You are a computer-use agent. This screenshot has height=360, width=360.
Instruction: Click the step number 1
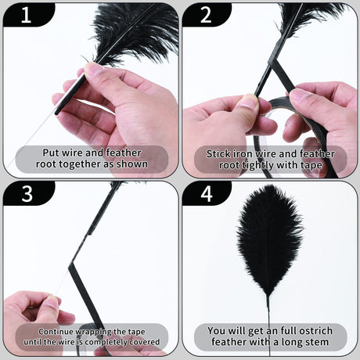26,16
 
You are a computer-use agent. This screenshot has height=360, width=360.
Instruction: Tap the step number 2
206,16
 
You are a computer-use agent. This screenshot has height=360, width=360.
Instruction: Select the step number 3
27,194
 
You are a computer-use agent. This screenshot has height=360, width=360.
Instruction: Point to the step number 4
207,194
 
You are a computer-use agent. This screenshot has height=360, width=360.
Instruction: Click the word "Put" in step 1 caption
49,153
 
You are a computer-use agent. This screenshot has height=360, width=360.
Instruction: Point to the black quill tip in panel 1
57,113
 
